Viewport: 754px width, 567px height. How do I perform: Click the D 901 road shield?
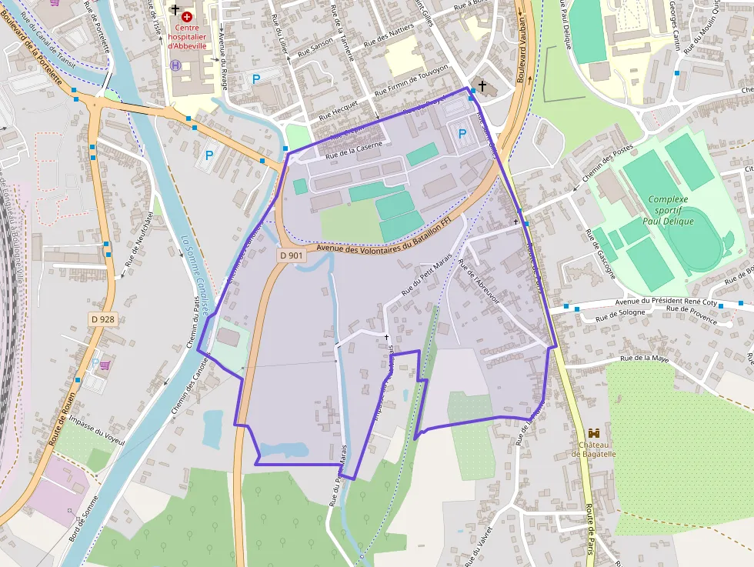coord(292,255)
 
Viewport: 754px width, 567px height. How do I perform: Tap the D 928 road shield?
coord(104,319)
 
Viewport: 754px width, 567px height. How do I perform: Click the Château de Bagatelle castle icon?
coord(593,435)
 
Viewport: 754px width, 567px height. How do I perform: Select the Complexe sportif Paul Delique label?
coord(670,210)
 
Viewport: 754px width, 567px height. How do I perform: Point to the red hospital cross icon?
coord(187,16)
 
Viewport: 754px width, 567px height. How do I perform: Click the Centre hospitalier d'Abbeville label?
coord(187,36)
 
